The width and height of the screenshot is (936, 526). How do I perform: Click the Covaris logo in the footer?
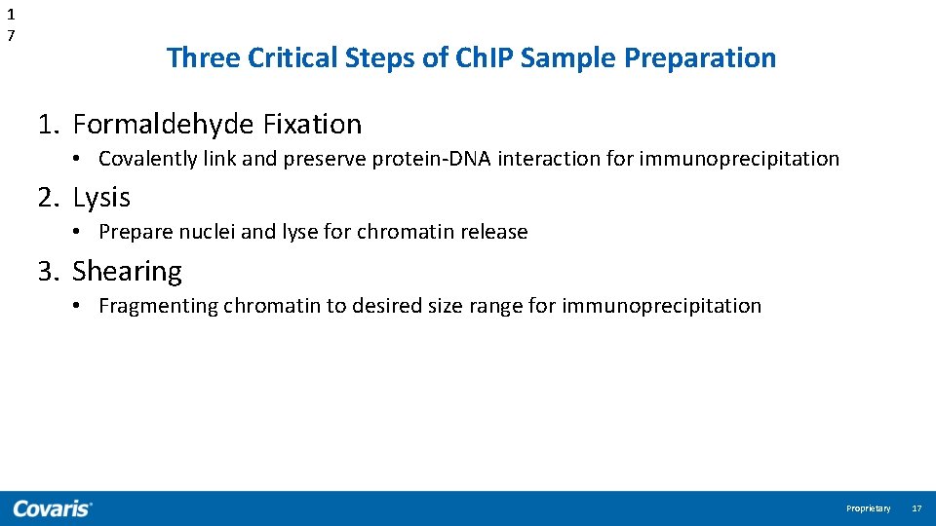[x=53, y=508]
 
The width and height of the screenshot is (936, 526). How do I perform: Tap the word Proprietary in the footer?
[x=868, y=508]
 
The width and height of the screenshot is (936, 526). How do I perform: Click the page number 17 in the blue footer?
[x=916, y=508]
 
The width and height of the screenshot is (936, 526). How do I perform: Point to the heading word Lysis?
[x=101, y=198]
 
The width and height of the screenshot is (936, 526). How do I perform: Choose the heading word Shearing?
[x=127, y=271]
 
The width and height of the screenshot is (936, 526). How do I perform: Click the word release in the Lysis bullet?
[x=496, y=232]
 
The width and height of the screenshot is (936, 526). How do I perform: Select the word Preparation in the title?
[x=700, y=57]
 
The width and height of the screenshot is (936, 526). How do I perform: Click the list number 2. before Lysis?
[x=50, y=198]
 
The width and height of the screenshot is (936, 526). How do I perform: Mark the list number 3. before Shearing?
[x=50, y=271]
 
